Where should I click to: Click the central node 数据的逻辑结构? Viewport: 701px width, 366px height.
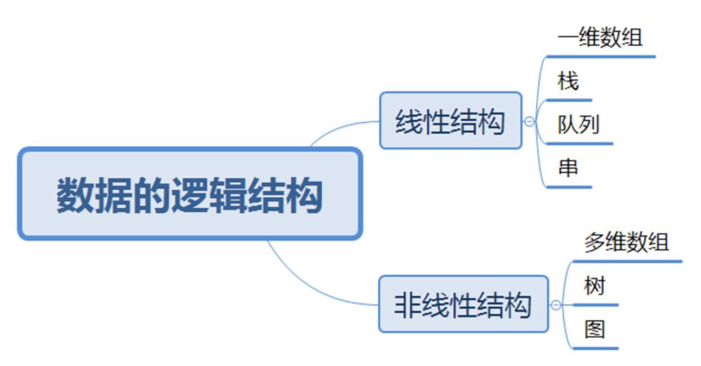coord(190,194)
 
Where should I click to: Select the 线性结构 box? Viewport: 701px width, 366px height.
coord(450,121)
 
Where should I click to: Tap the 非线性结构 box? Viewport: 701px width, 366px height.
coord(463,304)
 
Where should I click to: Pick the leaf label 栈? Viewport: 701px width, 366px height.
coord(568,82)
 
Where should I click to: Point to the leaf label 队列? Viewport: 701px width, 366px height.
coord(578,125)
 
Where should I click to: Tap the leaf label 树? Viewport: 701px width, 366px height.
coord(594,286)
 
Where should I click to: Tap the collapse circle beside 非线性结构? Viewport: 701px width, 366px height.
coord(556,305)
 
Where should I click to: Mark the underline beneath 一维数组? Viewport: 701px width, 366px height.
coord(601,56)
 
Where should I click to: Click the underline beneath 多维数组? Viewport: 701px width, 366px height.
coord(627,262)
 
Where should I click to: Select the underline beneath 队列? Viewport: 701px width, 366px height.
coord(579,144)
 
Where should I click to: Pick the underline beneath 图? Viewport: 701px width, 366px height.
coord(595,348)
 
